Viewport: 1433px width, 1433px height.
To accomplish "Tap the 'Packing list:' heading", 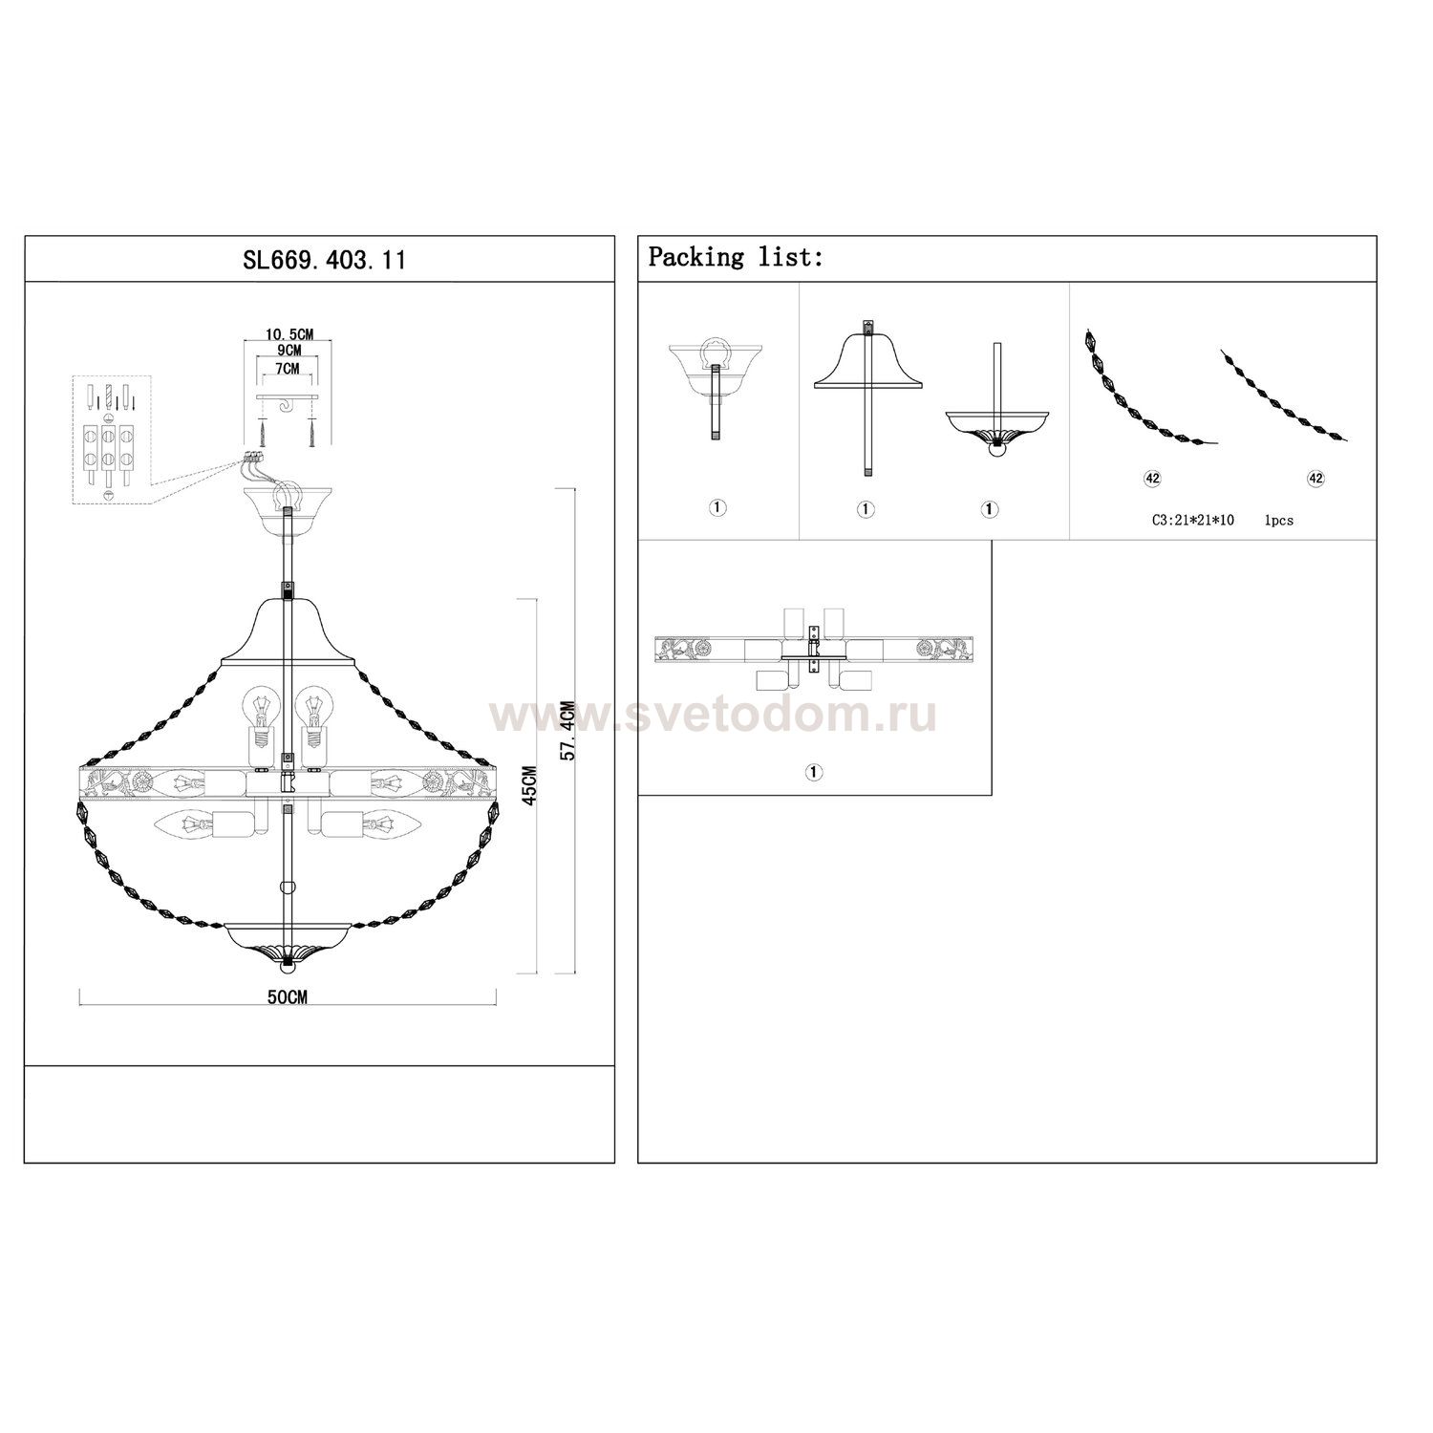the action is pyautogui.click(x=736, y=257).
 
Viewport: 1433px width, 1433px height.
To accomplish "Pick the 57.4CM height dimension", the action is pyautogui.click(x=567, y=731).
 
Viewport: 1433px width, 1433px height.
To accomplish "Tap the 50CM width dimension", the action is pyautogui.click(x=287, y=997).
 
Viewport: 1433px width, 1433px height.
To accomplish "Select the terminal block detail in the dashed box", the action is pyautogui.click(x=112, y=438).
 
